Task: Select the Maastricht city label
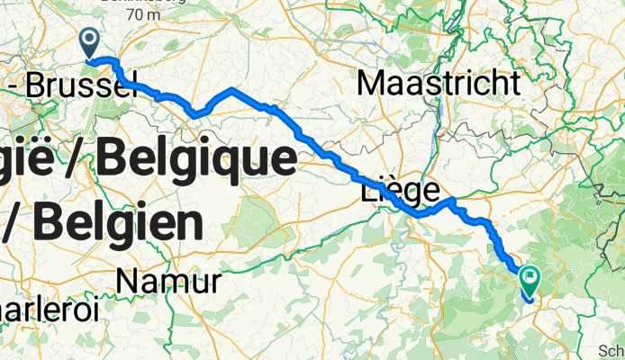click(439, 84)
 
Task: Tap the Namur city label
click(168, 283)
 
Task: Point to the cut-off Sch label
click(612, 352)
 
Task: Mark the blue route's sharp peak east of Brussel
click(232, 89)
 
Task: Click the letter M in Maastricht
click(370, 84)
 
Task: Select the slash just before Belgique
click(77, 160)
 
